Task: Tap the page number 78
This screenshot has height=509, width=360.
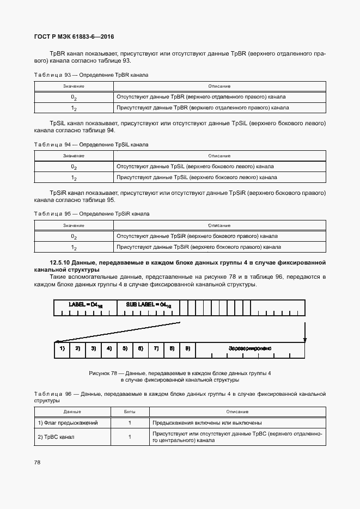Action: tap(37, 462)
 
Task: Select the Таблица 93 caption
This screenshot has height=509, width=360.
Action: tap(91, 75)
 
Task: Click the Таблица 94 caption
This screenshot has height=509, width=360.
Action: tap(91, 145)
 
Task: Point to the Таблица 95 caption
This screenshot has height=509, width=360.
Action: tap(91, 214)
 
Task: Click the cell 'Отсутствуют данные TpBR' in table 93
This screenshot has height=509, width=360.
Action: tap(200, 97)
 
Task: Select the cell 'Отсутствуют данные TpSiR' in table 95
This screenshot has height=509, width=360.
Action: tap(197, 236)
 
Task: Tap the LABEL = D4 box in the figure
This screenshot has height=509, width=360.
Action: tap(86, 305)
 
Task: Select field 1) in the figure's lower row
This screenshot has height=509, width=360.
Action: tap(62, 348)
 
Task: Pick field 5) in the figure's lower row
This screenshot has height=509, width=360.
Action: tap(125, 348)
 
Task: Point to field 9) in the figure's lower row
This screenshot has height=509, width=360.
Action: tap(187, 348)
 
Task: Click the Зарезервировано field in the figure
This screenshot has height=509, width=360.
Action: tap(250, 348)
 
